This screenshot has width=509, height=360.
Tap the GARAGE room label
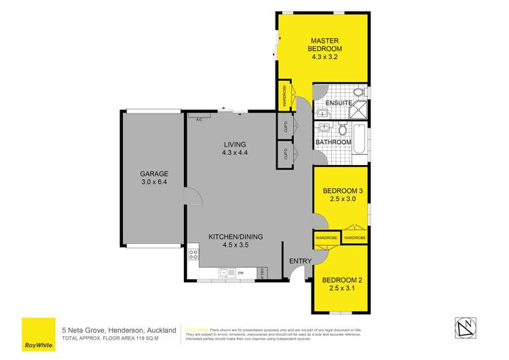(153, 174)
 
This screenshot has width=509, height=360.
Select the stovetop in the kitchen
(193, 255)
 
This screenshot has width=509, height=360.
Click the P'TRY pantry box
(263, 272)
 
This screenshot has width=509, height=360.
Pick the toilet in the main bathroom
(343, 129)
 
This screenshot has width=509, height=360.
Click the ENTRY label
(299, 262)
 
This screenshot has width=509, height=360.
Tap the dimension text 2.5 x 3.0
(343, 200)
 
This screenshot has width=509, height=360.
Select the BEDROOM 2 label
(343, 280)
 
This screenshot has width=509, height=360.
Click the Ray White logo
(38, 335)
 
